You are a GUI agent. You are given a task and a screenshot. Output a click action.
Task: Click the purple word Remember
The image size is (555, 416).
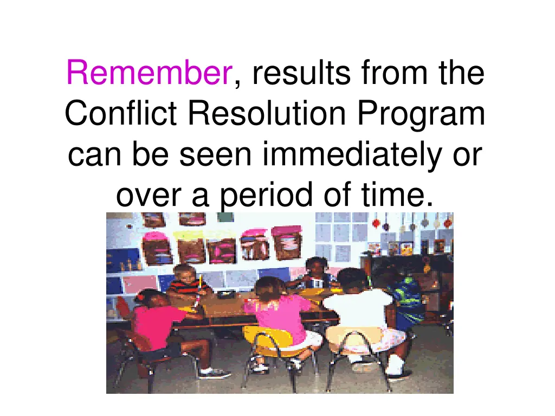149,74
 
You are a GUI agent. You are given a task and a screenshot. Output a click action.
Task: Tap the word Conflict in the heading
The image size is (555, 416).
123,114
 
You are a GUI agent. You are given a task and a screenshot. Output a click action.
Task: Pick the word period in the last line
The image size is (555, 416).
258,196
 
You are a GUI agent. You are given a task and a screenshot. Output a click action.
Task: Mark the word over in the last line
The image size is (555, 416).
150,196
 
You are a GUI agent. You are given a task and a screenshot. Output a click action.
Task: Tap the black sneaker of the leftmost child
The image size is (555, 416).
213,373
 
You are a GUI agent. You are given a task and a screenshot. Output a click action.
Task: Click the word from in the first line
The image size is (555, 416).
386,74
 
